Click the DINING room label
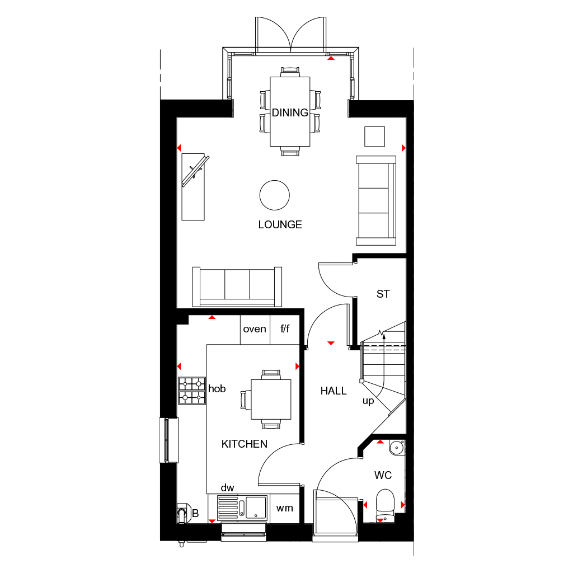click(290, 112)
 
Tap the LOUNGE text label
click(280, 224)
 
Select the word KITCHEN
click(244, 444)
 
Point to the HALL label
click(334, 391)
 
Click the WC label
click(383, 475)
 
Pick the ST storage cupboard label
click(383, 294)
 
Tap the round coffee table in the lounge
click(274, 195)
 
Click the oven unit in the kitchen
click(255, 329)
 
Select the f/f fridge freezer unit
click(285, 329)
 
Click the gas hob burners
click(192, 391)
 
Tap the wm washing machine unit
click(284, 508)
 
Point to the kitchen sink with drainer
click(242, 508)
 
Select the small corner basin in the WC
click(397, 448)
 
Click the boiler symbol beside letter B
click(184, 513)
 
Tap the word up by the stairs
click(368, 401)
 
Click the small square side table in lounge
click(374, 137)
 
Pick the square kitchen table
click(271, 400)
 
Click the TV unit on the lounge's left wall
click(193, 187)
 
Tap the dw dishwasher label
click(227, 488)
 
